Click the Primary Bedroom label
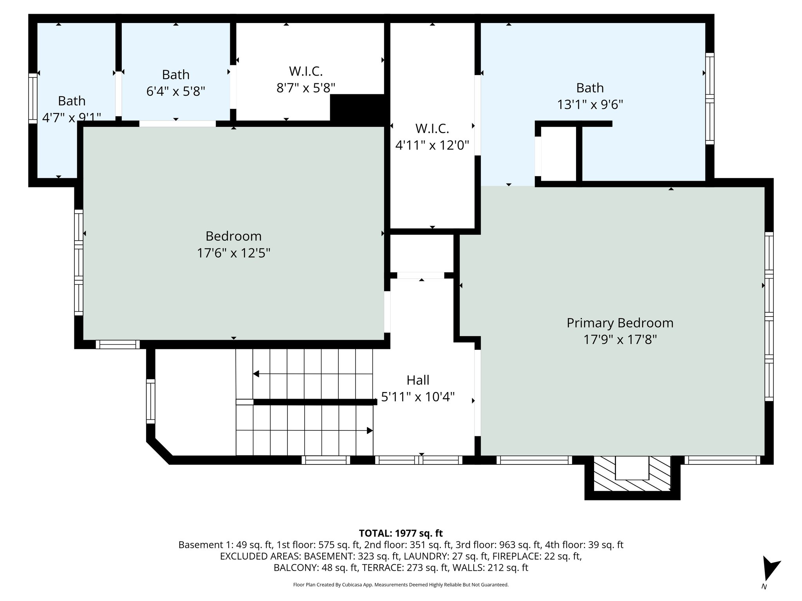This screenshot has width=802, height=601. pyautogui.click(x=620, y=323)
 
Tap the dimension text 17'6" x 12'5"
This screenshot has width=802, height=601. pyautogui.click(x=233, y=253)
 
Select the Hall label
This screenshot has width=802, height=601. pyautogui.click(x=418, y=380)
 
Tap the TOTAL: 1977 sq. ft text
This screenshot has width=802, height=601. pyautogui.click(x=401, y=533)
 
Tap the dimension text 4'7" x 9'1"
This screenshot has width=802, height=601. pyautogui.click(x=72, y=117)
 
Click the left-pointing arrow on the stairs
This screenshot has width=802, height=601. pyautogui.click(x=256, y=374)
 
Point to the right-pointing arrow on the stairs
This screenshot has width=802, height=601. pyautogui.click(x=369, y=430)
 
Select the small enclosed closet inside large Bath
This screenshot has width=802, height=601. pyautogui.click(x=558, y=153)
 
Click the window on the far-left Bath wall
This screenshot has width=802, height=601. pyautogui.click(x=33, y=98)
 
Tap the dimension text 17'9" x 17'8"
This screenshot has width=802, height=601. pyautogui.click(x=620, y=340)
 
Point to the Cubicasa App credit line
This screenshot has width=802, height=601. pyautogui.click(x=401, y=585)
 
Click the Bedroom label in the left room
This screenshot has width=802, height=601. pyautogui.click(x=233, y=236)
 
